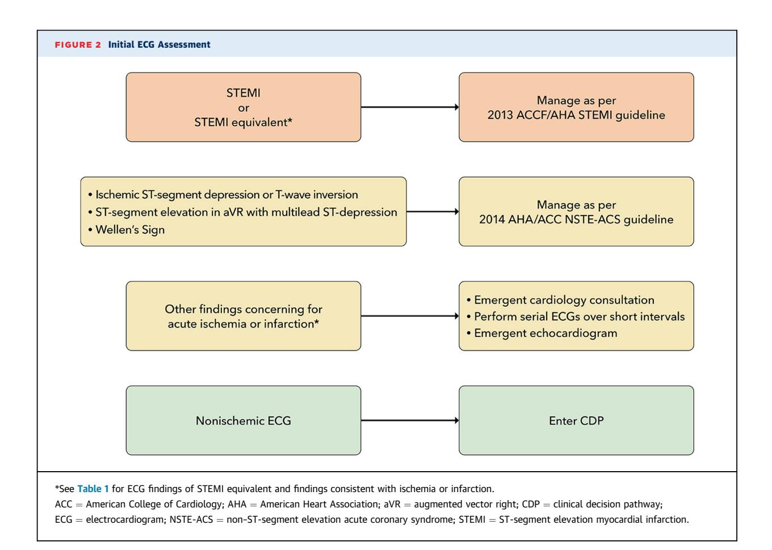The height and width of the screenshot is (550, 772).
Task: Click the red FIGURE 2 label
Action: (x=78, y=45)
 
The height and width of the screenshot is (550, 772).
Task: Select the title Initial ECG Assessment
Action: (x=159, y=44)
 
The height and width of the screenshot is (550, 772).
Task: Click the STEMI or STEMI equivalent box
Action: (x=244, y=107)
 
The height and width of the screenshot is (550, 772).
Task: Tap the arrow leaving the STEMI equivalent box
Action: (x=410, y=107)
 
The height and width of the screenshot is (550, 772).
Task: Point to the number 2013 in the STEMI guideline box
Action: (x=500, y=115)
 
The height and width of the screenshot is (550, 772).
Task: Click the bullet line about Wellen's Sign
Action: (x=127, y=229)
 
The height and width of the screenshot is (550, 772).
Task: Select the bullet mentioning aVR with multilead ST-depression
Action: (x=242, y=212)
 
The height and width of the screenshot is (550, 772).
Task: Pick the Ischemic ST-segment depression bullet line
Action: (x=223, y=195)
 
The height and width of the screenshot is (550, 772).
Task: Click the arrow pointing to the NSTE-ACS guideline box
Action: (x=433, y=212)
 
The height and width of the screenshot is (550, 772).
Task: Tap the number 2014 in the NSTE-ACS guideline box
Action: (x=492, y=220)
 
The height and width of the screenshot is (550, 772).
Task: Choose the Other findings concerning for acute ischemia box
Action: (x=244, y=316)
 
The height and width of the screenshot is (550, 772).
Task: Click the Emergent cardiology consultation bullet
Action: (x=560, y=300)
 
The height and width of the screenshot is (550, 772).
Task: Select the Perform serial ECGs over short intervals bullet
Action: (x=576, y=316)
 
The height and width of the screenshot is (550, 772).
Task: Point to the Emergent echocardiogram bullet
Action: (x=542, y=333)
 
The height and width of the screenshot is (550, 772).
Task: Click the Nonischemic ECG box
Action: (x=244, y=421)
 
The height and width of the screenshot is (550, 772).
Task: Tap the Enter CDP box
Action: (x=576, y=421)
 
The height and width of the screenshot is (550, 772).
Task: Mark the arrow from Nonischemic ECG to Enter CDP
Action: (x=410, y=421)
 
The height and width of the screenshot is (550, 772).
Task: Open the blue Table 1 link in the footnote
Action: (x=93, y=489)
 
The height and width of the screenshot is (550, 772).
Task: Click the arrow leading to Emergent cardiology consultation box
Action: (x=410, y=316)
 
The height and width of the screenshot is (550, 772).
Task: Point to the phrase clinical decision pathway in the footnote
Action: (x=607, y=504)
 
